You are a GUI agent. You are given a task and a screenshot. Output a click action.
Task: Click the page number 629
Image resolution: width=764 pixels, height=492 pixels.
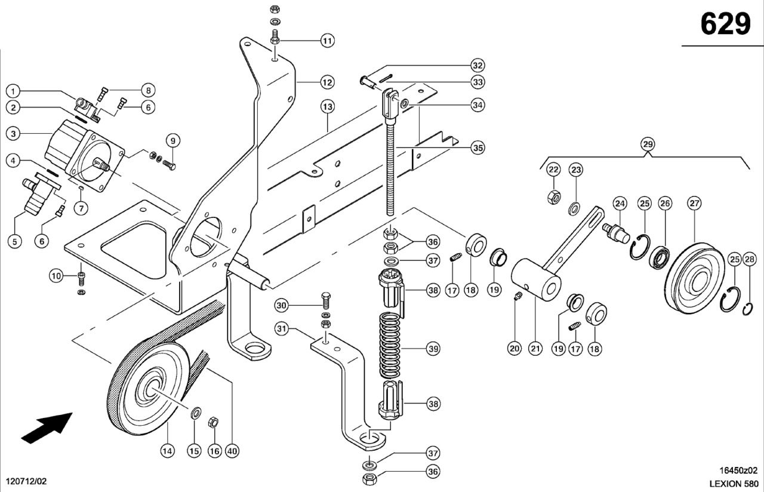pyautogui.click(x=725, y=24)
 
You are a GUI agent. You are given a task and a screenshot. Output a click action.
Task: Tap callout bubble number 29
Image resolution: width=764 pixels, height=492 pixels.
pyautogui.click(x=648, y=144)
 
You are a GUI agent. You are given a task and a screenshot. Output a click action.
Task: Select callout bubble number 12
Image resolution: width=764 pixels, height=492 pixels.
pyautogui.click(x=327, y=82)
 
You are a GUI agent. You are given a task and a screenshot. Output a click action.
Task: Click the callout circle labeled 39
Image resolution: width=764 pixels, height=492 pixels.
pyautogui.click(x=433, y=348)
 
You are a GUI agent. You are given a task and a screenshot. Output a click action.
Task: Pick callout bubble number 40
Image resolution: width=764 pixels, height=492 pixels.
pyautogui.click(x=232, y=451)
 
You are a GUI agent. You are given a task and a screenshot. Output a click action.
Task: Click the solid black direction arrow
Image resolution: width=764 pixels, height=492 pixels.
pyautogui.click(x=47, y=428)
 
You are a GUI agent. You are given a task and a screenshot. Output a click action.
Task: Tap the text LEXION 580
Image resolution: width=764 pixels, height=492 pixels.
pyautogui.click(x=734, y=483)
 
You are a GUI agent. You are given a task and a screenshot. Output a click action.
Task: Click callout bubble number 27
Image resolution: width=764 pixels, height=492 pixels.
pyautogui.click(x=694, y=204)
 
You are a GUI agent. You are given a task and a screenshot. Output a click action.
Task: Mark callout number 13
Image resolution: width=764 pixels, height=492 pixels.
pyautogui.click(x=327, y=107)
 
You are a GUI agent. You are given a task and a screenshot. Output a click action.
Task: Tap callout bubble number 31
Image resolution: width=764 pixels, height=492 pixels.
pyautogui.click(x=282, y=328)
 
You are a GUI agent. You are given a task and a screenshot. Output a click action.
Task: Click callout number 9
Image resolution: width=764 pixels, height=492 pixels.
pyautogui.click(x=172, y=141)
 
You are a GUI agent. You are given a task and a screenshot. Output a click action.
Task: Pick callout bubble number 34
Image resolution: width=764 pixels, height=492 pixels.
pyautogui.click(x=477, y=105)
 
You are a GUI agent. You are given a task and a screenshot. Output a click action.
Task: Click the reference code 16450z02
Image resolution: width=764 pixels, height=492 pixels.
pyautogui.click(x=738, y=470)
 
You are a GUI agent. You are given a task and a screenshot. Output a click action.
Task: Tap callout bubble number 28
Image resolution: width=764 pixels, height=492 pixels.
pyautogui.click(x=750, y=259)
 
